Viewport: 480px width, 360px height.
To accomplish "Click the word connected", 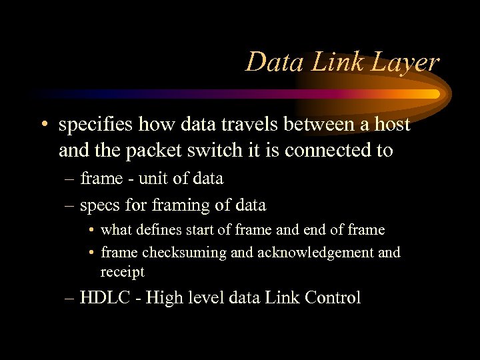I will tap(328, 150).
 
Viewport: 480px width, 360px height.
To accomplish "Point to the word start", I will tap(199, 230).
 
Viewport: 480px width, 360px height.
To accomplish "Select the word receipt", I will tap(122, 271).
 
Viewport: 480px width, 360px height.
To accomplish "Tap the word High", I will tap(163, 297).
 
